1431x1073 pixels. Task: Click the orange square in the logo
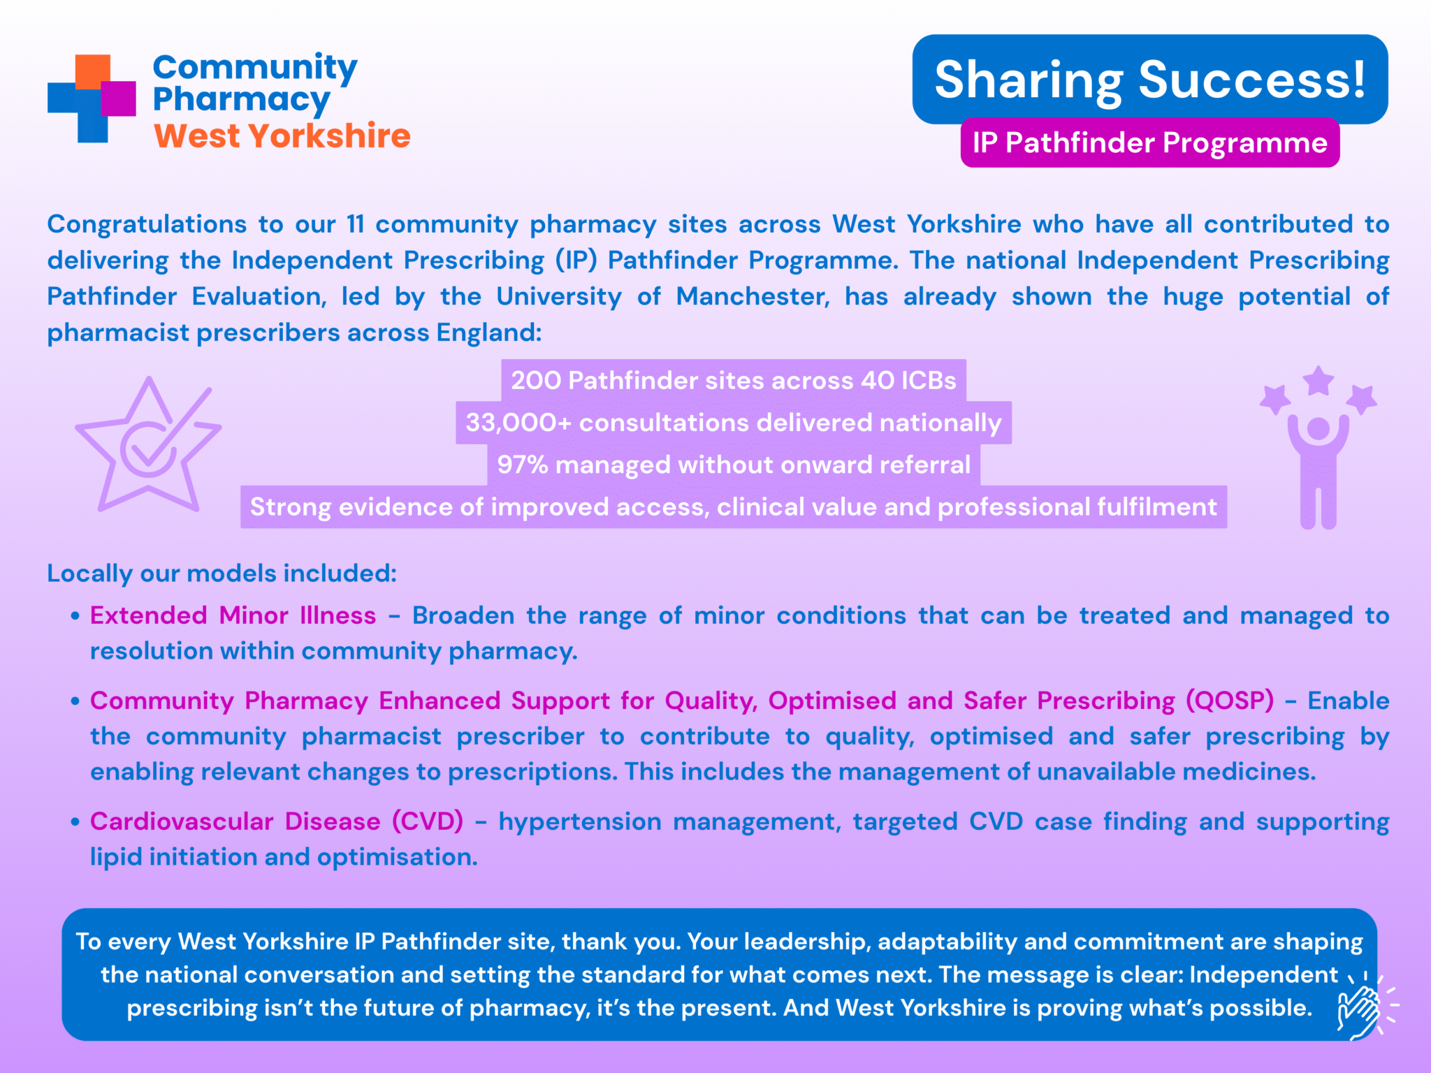[x=93, y=72]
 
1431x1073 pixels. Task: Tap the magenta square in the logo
[x=118, y=98]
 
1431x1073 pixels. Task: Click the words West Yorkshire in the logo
[x=282, y=136]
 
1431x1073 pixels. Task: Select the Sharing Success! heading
[x=1149, y=80]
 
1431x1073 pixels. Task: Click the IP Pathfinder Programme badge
[x=1150, y=143]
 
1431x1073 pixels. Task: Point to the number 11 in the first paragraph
[x=356, y=224]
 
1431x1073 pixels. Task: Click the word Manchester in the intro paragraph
[x=753, y=296]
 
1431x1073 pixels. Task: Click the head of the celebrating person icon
[x=1319, y=429]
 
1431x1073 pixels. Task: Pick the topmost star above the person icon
[x=1319, y=381]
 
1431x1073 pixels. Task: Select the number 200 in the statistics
[x=536, y=381]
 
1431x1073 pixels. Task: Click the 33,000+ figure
[x=518, y=423]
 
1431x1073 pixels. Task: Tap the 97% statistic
[x=523, y=465]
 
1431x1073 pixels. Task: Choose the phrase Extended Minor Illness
[x=233, y=615]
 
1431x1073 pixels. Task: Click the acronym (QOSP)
[x=1230, y=701]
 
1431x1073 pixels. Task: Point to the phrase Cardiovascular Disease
[x=235, y=822]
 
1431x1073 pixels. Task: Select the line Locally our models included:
[x=221, y=574]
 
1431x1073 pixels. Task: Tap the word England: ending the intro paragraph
[x=489, y=333]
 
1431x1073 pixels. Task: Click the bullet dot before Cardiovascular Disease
[x=75, y=822]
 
